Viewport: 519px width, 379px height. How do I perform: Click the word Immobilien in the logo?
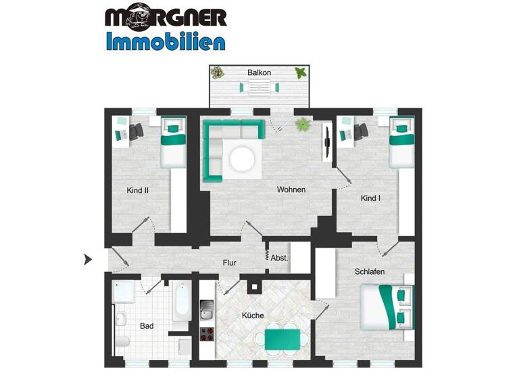pyautogui.click(x=166, y=41)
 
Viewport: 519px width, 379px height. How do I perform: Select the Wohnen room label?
pyautogui.click(x=291, y=189)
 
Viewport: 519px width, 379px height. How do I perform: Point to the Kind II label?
pyautogui.click(x=137, y=190)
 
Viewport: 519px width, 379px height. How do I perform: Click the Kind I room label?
pyautogui.click(x=371, y=198)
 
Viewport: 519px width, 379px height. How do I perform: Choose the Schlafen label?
pyautogui.click(x=370, y=271)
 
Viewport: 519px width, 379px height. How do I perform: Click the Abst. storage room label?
pyautogui.click(x=280, y=257)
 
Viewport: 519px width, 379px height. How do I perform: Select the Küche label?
pyautogui.click(x=253, y=315)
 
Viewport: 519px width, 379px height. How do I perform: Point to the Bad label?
pyautogui.click(x=147, y=326)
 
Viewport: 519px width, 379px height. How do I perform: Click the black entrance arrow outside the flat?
pyautogui.click(x=87, y=259)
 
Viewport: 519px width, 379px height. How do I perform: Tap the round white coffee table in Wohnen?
pyautogui.click(x=241, y=160)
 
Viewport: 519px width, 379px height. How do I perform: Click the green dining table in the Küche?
pyautogui.click(x=282, y=336)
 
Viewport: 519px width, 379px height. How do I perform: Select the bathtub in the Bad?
pyautogui.click(x=181, y=302)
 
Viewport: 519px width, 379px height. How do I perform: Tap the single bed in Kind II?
pyautogui.click(x=172, y=144)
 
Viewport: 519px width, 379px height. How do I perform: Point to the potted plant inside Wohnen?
pyautogui.click(x=302, y=125)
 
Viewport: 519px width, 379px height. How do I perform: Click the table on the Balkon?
pyautogui.click(x=258, y=87)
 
